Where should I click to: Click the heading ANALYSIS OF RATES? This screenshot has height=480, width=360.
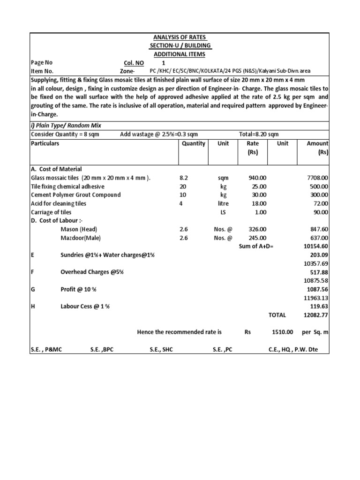pyautogui.click(x=180, y=37)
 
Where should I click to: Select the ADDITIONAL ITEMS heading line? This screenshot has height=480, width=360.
pyautogui.click(x=180, y=54)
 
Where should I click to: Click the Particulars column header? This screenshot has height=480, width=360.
pyautogui.click(x=45, y=143)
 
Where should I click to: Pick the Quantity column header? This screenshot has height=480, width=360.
pyautogui.click(x=193, y=143)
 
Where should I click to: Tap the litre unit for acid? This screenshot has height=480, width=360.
pyautogui.click(x=224, y=203)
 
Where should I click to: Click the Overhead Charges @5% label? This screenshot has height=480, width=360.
pyautogui.click(x=92, y=272)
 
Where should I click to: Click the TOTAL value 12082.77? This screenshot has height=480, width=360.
pyautogui.click(x=317, y=315)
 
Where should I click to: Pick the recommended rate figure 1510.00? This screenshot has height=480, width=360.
pyautogui.click(x=283, y=332)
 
